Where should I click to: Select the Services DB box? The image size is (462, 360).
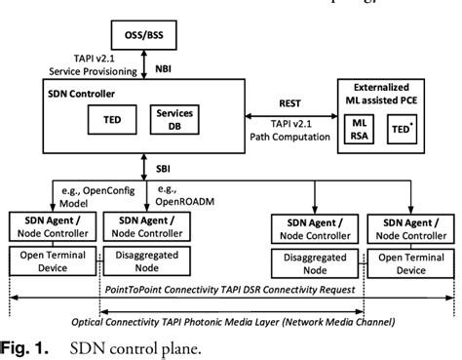tap(175, 123)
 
